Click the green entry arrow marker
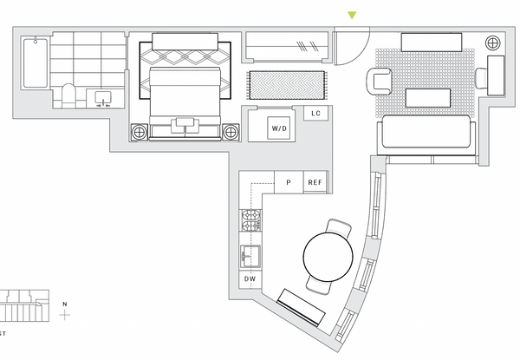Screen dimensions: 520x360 (352, 16)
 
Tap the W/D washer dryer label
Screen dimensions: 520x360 (279, 128)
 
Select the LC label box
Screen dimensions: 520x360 (316, 114)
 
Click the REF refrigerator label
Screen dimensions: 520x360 (315, 182)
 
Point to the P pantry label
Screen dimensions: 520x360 (289, 182)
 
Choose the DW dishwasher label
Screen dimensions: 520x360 (250, 278)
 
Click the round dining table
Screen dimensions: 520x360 (328, 257)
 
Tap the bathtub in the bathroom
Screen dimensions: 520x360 (36, 63)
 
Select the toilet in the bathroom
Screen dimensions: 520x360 (69, 96)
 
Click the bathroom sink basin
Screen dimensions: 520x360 (103, 98)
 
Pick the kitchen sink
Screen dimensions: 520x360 (250, 256)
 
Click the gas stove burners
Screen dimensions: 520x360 (251, 220)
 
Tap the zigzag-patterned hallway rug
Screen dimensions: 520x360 (287, 85)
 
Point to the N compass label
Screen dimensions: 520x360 (65, 304)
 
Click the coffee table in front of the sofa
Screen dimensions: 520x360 (428, 97)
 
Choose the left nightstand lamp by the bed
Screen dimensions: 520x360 (140, 132)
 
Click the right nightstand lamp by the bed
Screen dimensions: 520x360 (231, 132)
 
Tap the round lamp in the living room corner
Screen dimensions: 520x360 (493, 43)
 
